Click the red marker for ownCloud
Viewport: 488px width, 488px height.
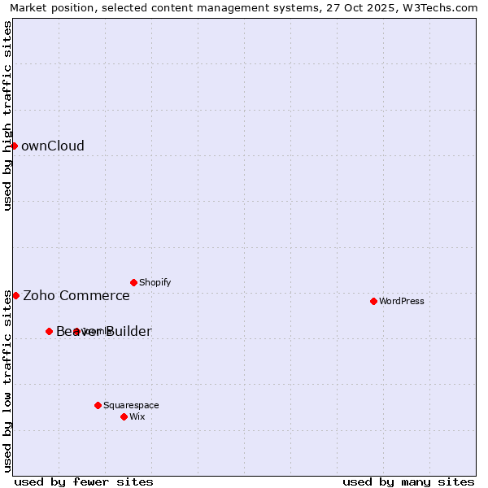click(x=14, y=146)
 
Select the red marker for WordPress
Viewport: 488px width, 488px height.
click(x=373, y=301)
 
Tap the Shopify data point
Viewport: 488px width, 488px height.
click(x=133, y=282)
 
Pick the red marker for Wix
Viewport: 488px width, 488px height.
click(x=124, y=416)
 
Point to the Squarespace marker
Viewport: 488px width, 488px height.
click(x=98, y=405)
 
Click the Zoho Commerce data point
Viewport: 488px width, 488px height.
click(x=15, y=295)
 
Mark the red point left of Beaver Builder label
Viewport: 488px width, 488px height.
click(x=49, y=331)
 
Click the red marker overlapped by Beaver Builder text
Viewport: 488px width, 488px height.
click(x=76, y=331)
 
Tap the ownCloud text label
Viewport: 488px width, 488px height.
click(x=53, y=146)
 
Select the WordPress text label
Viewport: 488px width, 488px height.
click(x=402, y=301)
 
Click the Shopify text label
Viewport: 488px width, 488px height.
click(x=155, y=282)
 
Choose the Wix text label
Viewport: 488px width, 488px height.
click(x=137, y=416)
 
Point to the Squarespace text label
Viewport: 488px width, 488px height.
click(x=131, y=405)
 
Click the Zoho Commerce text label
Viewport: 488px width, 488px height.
click(x=76, y=296)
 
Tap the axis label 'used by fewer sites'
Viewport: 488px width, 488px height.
click(x=84, y=481)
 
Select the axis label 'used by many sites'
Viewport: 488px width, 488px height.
click(x=408, y=481)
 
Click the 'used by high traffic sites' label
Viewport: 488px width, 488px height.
click(x=7, y=115)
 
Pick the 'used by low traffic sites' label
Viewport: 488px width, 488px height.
click(x=7, y=380)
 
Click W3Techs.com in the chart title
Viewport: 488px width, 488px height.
click(x=442, y=7)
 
